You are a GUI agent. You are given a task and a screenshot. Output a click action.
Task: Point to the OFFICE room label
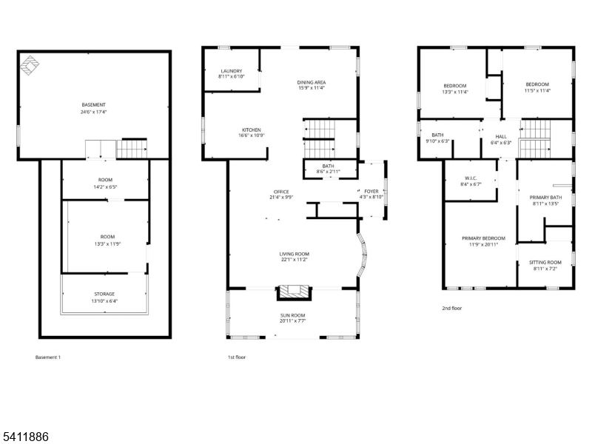[x=280, y=195]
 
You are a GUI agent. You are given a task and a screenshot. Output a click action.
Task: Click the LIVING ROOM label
[x=294, y=256]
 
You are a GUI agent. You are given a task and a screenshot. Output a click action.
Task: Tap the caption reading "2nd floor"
[x=451, y=308]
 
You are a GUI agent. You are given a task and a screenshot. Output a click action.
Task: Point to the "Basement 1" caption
[x=48, y=357]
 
